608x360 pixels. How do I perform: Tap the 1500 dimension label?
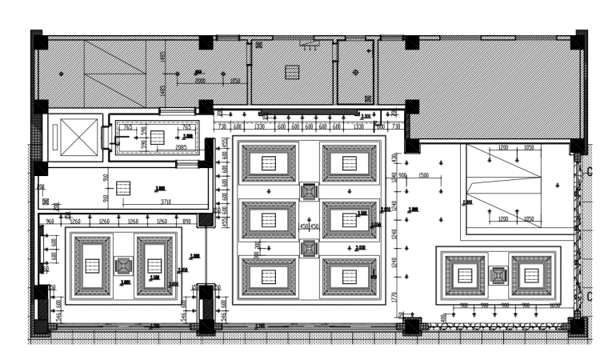[424, 175]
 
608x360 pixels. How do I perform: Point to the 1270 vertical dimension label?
[394, 296]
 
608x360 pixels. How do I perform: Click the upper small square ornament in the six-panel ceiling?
[309, 192]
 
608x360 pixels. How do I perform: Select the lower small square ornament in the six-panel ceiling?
[309, 248]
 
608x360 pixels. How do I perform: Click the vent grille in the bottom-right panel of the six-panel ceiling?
[349, 276]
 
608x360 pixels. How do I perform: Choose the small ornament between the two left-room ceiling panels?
[122, 266]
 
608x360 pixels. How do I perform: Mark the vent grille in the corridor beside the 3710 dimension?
[122, 187]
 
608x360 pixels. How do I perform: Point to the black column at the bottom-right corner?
[576, 326]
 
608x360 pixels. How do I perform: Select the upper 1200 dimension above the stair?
[503, 149]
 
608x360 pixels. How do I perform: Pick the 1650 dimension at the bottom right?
[554, 306]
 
